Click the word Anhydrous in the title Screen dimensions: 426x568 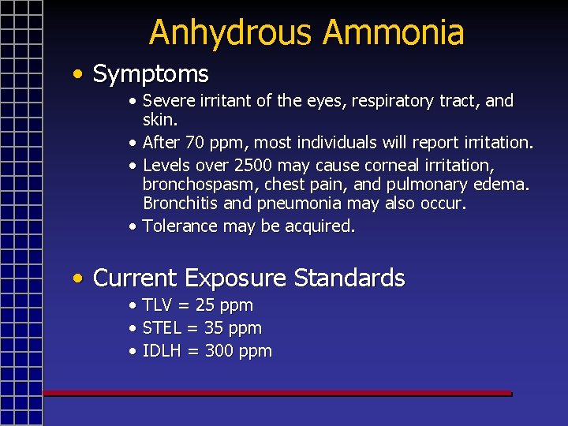pos(231,33)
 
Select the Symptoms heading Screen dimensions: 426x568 pos(151,75)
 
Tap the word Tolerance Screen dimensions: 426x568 pos(179,226)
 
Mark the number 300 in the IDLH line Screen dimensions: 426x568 pos(219,351)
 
